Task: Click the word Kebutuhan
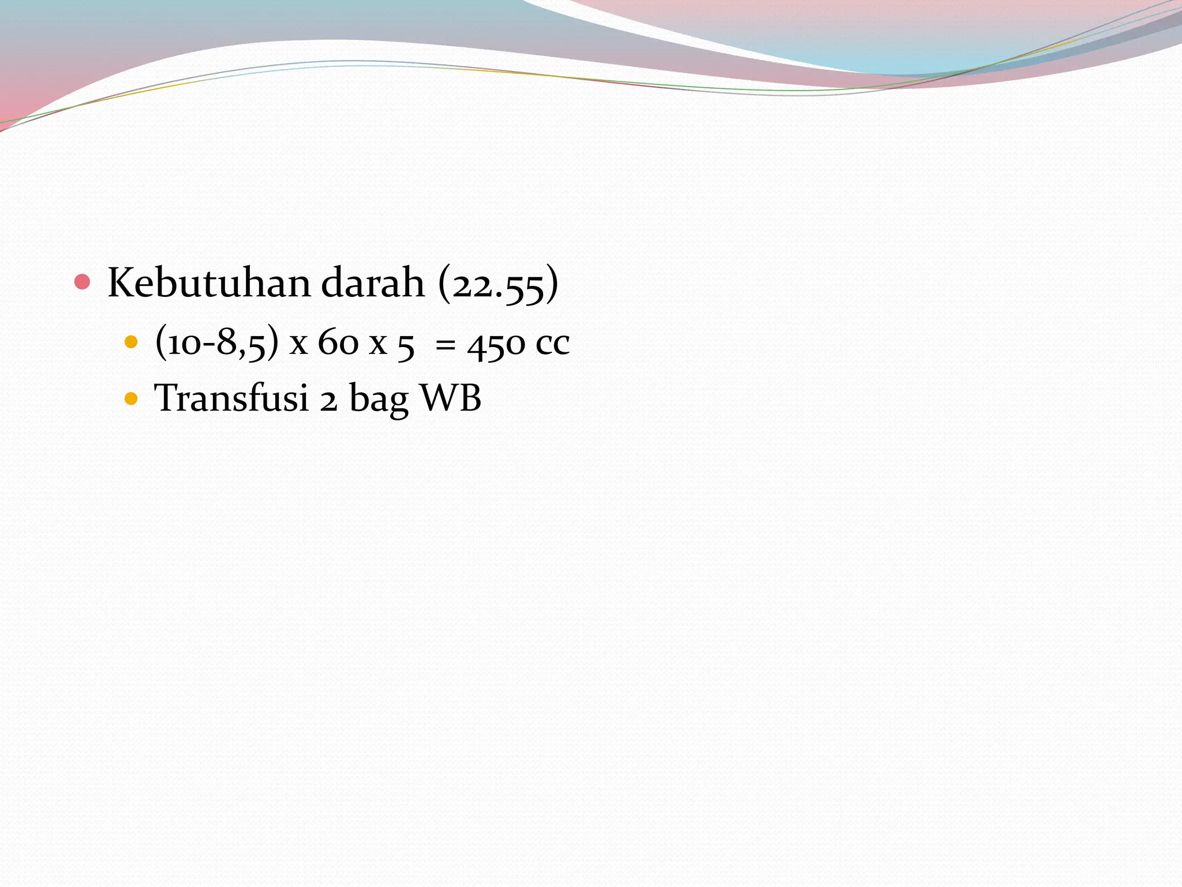[x=209, y=283]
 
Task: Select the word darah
[x=372, y=283]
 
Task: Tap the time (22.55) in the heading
[x=498, y=284]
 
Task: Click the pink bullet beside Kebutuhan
[x=83, y=282]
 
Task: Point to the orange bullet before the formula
[x=132, y=342]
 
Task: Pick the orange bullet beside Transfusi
[x=132, y=398]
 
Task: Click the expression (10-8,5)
[x=217, y=342]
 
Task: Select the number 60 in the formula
[x=338, y=342]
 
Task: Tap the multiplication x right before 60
[x=298, y=345]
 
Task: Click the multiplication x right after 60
[x=378, y=345]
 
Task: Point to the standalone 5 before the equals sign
[x=406, y=345]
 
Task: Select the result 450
[x=496, y=344]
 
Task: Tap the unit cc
[x=552, y=345]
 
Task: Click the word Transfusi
[x=231, y=398]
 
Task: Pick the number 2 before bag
[x=328, y=400]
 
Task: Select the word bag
[x=379, y=400]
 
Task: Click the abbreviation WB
[x=451, y=398]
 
